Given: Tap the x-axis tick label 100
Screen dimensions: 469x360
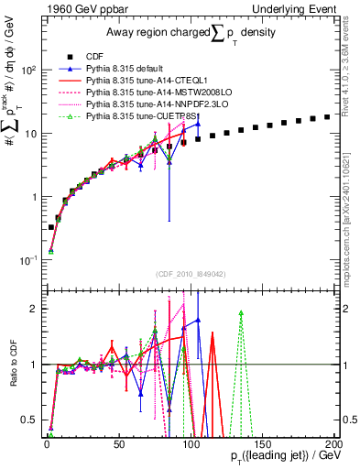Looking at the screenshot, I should tap(190, 444).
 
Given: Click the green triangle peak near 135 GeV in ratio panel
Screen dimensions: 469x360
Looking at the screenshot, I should tap(241, 312).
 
